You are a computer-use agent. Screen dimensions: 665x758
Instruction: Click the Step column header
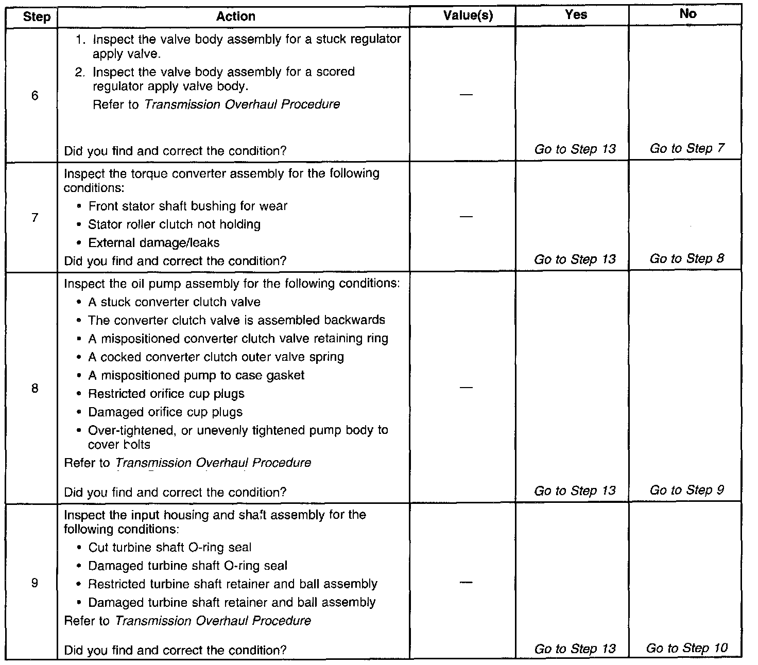point(37,16)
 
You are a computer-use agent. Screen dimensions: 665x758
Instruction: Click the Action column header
point(235,16)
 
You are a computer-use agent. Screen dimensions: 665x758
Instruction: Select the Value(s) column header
point(468,16)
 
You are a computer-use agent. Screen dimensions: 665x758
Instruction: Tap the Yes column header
point(575,15)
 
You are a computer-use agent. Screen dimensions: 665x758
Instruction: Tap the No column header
point(687,14)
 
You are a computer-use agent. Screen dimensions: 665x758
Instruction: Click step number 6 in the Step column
point(35,96)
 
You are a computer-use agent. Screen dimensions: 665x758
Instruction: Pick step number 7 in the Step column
point(35,218)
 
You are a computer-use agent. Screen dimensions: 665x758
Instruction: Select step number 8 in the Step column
point(35,388)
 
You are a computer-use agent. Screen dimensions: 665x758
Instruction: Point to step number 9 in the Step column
point(35,583)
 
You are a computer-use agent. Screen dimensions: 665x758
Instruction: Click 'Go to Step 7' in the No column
point(687,149)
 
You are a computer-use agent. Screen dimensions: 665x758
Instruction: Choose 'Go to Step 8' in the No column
point(687,258)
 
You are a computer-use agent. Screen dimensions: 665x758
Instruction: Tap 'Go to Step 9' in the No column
point(687,490)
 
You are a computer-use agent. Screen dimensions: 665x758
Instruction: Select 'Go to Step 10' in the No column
point(687,648)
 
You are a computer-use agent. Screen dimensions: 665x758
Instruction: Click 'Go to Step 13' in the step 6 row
point(575,149)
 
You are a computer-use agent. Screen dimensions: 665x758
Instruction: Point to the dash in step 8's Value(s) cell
point(466,388)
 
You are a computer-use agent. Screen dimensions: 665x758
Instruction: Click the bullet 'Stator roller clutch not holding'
point(174,224)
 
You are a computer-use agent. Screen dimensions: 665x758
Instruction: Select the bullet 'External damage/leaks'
point(153,243)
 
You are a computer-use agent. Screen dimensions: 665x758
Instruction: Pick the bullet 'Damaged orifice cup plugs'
point(165,412)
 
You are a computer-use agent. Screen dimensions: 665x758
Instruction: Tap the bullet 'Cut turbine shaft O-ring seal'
point(170,548)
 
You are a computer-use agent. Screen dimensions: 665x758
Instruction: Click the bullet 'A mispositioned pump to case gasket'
point(196,376)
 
